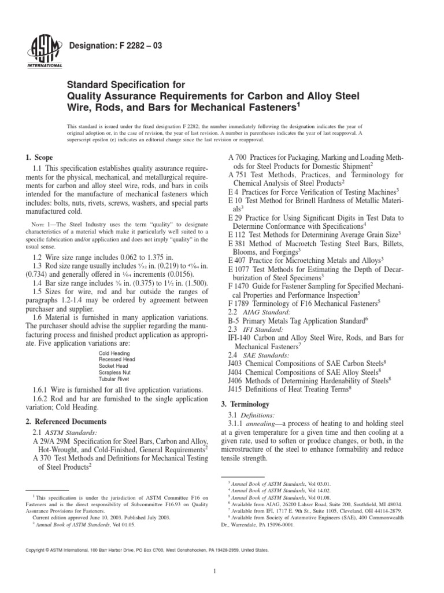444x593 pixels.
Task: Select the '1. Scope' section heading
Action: (x=39, y=158)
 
